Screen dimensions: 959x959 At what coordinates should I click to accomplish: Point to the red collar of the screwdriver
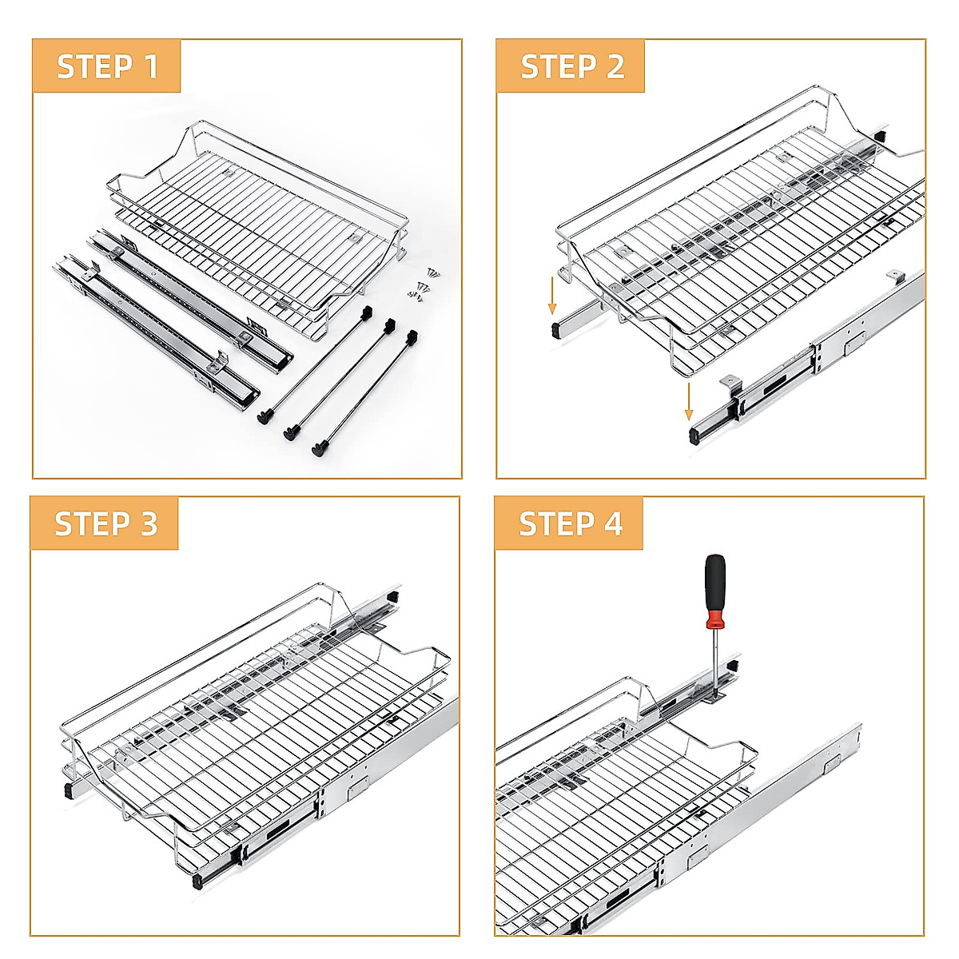tap(714, 619)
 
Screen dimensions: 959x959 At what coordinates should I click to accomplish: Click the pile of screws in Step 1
tap(421, 283)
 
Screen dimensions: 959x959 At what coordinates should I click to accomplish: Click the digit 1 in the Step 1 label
tap(151, 66)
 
